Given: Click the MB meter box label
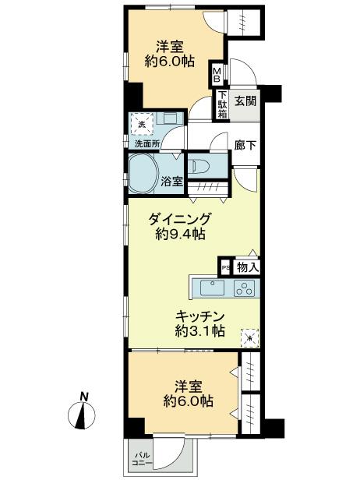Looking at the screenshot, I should (x=218, y=75).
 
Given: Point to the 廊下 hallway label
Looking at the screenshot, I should (x=245, y=145).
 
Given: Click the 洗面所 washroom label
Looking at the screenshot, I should (x=146, y=145).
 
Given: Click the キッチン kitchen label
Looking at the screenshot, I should (x=199, y=316).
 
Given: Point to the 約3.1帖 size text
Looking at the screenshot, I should (x=199, y=332).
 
